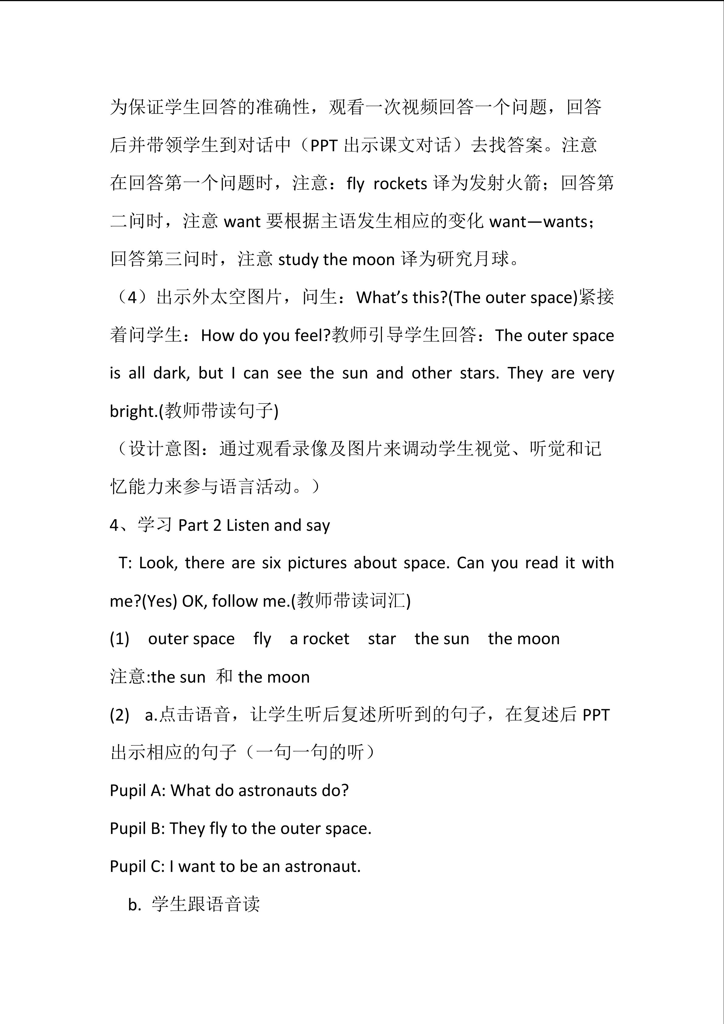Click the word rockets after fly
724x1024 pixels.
[x=400, y=184]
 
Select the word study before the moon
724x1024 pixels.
[x=298, y=259]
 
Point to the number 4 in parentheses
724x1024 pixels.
[x=132, y=297]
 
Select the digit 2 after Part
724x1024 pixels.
[x=217, y=525]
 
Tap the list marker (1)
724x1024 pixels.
[x=120, y=639]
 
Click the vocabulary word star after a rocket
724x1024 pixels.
[x=382, y=639]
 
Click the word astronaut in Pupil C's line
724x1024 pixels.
[x=322, y=866]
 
